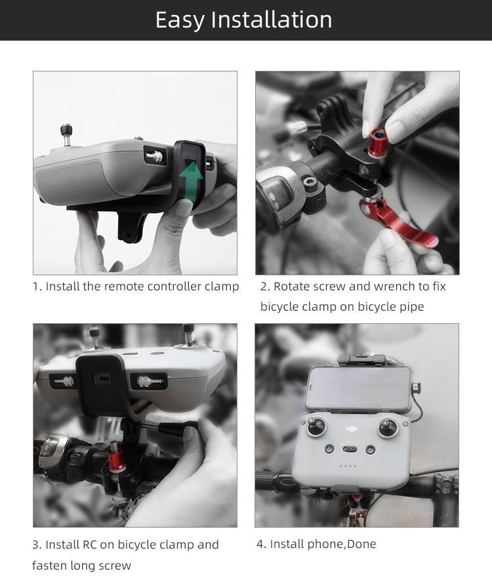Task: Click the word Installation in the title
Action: point(271,20)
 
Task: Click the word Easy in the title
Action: point(179,20)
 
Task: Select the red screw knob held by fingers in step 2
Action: point(379,142)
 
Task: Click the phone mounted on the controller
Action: point(358,389)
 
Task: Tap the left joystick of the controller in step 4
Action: point(317,427)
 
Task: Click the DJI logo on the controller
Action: point(353,428)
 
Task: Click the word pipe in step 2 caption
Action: point(410,307)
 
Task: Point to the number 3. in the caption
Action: point(37,545)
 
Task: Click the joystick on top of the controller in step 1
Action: point(66,133)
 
